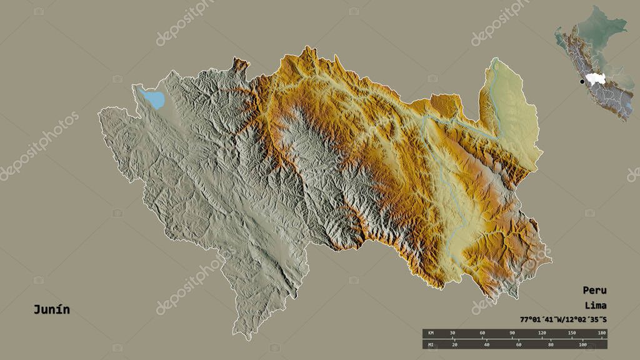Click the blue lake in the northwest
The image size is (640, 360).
pyautogui.click(x=154, y=99)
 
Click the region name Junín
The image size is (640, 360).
pyautogui.click(x=52, y=309)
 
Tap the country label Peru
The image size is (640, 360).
pyautogui.click(x=594, y=290)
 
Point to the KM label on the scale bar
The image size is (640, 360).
pyautogui.click(x=430, y=333)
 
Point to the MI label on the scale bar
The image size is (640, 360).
pyautogui.click(x=430, y=345)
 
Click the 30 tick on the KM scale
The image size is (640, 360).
pyautogui.click(x=452, y=333)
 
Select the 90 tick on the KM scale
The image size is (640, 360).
pyautogui.click(x=512, y=333)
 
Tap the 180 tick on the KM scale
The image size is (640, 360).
pyautogui.click(x=602, y=333)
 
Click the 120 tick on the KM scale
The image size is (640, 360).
pyautogui.click(x=542, y=333)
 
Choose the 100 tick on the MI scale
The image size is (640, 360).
pyautogui.click(x=582, y=345)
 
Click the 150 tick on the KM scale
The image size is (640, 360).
pyautogui.click(x=572, y=333)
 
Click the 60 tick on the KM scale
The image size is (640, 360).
pyautogui.click(x=482, y=333)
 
